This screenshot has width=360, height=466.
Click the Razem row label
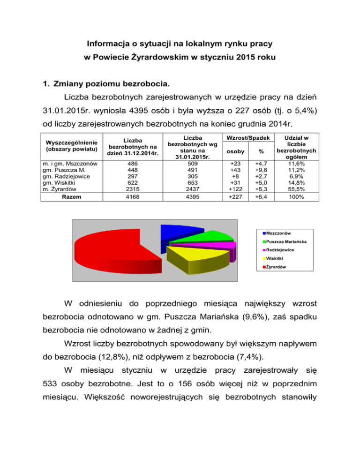click(x=68, y=197)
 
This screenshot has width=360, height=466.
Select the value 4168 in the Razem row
click(x=126, y=197)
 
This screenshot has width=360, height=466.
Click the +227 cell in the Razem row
click(x=233, y=197)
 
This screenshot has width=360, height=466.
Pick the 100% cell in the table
click(x=297, y=197)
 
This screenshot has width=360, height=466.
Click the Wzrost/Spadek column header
click(x=246, y=138)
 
